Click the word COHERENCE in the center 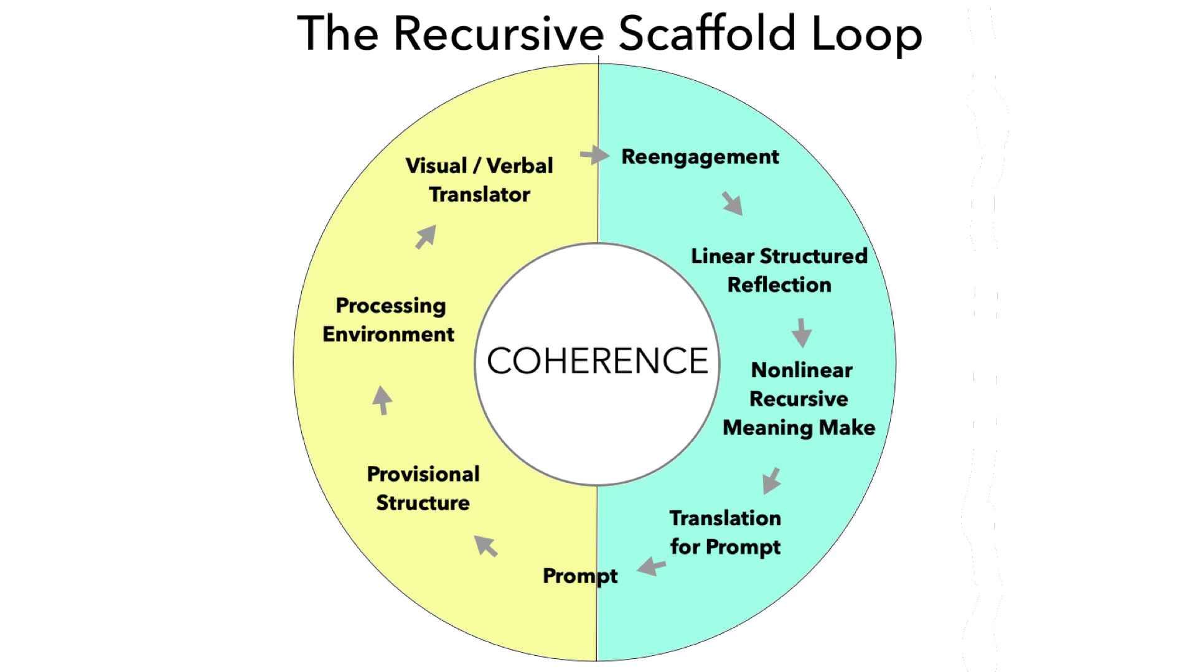coord(597,361)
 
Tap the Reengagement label coord(700,157)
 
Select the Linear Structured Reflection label coord(779,270)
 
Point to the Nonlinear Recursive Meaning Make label coord(799,399)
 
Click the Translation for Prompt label coord(725,533)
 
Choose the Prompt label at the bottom coord(580,576)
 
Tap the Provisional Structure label coord(423,488)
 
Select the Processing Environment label coord(389,320)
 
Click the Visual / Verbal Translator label coord(479,180)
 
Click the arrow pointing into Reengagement coord(595,154)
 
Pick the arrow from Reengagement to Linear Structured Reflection coord(733,204)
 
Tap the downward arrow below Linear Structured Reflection coord(802,333)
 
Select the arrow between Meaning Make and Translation coord(772,480)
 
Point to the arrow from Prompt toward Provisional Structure coord(486,546)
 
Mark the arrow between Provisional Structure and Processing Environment coord(382,401)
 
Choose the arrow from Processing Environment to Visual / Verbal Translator coord(426,236)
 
